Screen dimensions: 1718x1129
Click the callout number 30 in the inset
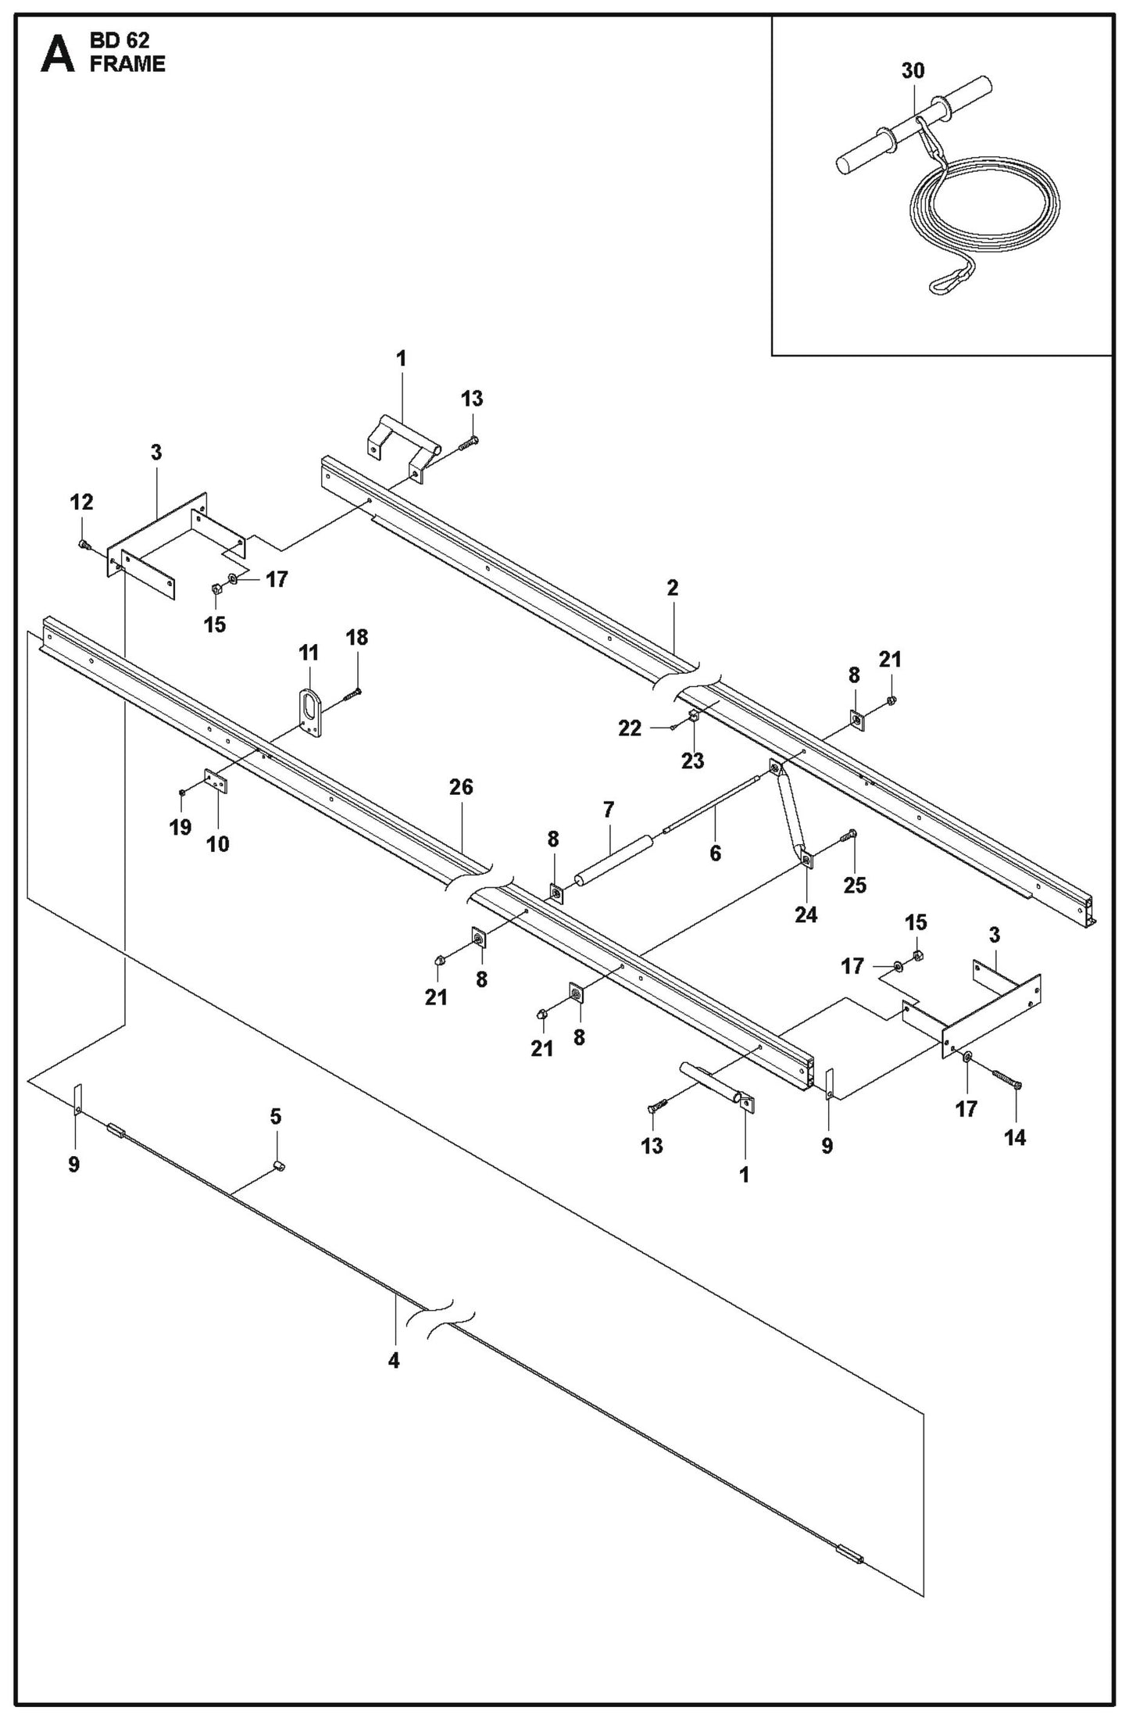point(913,71)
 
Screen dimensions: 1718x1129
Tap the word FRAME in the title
point(127,65)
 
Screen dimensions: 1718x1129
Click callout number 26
point(461,787)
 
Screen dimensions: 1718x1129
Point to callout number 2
point(673,588)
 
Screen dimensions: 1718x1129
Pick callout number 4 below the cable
point(394,1361)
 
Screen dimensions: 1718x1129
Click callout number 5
point(276,1117)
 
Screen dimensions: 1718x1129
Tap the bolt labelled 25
point(848,837)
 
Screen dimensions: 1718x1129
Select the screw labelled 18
point(352,693)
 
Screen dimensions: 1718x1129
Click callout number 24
point(806,914)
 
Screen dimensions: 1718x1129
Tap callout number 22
point(630,728)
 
